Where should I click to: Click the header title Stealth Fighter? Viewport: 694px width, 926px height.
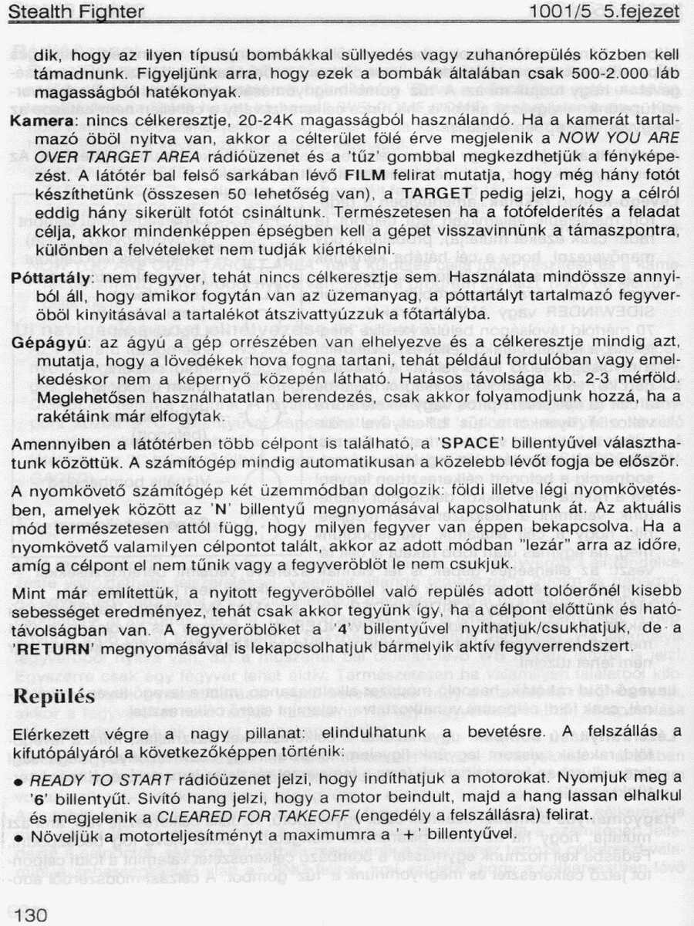click(76, 12)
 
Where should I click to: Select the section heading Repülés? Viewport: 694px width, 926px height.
click(54, 696)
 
